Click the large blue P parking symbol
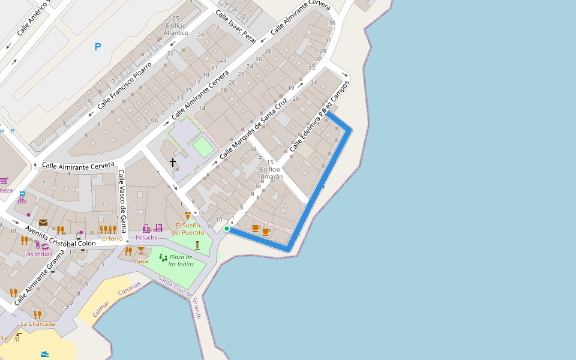[x=98, y=47]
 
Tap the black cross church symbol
[x=173, y=163]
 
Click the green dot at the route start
[x=227, y=229]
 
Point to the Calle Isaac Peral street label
[x=236, y=26]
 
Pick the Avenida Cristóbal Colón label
[x=60, y=236]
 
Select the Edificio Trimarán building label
[x=270, y=173]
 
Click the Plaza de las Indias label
[x=180, y=260]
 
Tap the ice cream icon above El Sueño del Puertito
[x=188, y=215]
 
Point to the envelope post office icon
[x=43, y=223]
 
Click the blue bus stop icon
[x=22, y=194]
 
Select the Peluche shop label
[x=146, y=238]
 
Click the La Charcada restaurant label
[x=38, y=323]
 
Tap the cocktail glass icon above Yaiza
[x=140, y=251]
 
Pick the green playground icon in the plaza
[x=163, y=257]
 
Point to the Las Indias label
[x=38, y=254]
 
